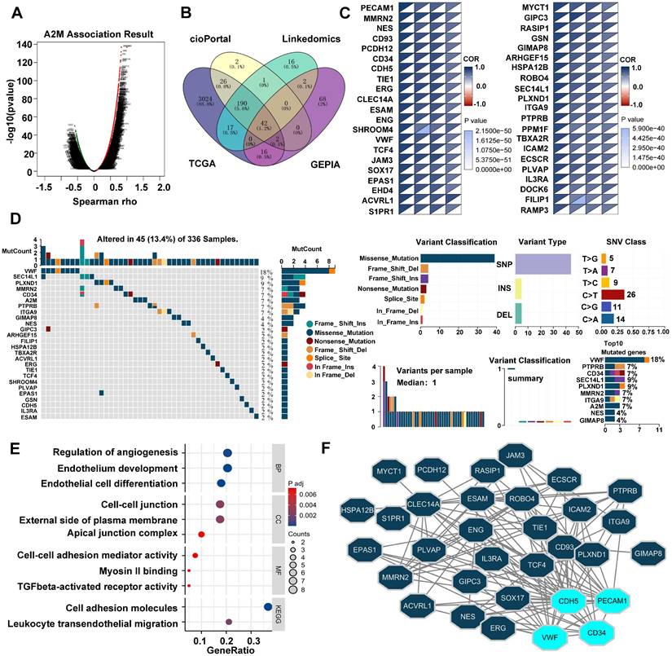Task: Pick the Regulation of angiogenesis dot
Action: [228, 453]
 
